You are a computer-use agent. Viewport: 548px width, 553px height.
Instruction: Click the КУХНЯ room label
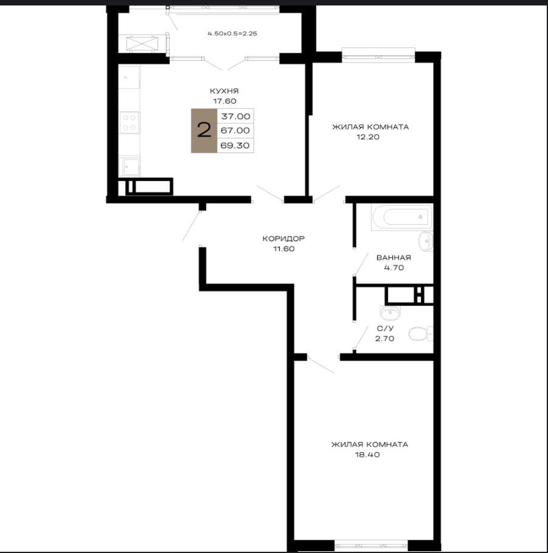224,91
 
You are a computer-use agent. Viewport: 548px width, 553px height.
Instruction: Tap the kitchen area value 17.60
224,101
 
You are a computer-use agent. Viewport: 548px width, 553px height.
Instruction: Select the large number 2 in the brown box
204,130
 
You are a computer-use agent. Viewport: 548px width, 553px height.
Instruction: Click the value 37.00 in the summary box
235,116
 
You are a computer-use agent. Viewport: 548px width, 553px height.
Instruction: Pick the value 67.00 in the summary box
235,131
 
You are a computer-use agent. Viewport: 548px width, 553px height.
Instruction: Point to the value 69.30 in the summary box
235,145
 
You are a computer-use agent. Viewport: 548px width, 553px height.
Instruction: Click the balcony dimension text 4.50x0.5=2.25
232,34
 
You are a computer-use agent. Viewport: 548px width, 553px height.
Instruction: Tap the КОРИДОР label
283,239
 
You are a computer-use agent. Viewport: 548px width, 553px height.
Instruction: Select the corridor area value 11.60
284,249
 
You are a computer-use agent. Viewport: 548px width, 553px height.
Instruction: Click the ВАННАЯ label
394,258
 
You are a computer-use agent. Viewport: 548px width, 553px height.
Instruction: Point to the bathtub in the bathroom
402,217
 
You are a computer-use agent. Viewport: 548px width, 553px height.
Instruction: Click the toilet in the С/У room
420,334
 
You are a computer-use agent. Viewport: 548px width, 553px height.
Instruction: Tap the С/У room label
385,328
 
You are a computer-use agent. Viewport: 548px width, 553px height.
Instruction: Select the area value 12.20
368,137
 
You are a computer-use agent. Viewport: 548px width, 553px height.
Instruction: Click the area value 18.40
368,455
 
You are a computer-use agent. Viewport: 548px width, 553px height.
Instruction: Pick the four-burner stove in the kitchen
129,123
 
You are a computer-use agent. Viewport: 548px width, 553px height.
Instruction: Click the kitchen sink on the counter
129,166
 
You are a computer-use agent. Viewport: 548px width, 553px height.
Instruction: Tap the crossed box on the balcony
142,44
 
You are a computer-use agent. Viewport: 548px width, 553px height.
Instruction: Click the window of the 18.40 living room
371,545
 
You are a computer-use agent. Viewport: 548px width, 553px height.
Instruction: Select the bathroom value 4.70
394,268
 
